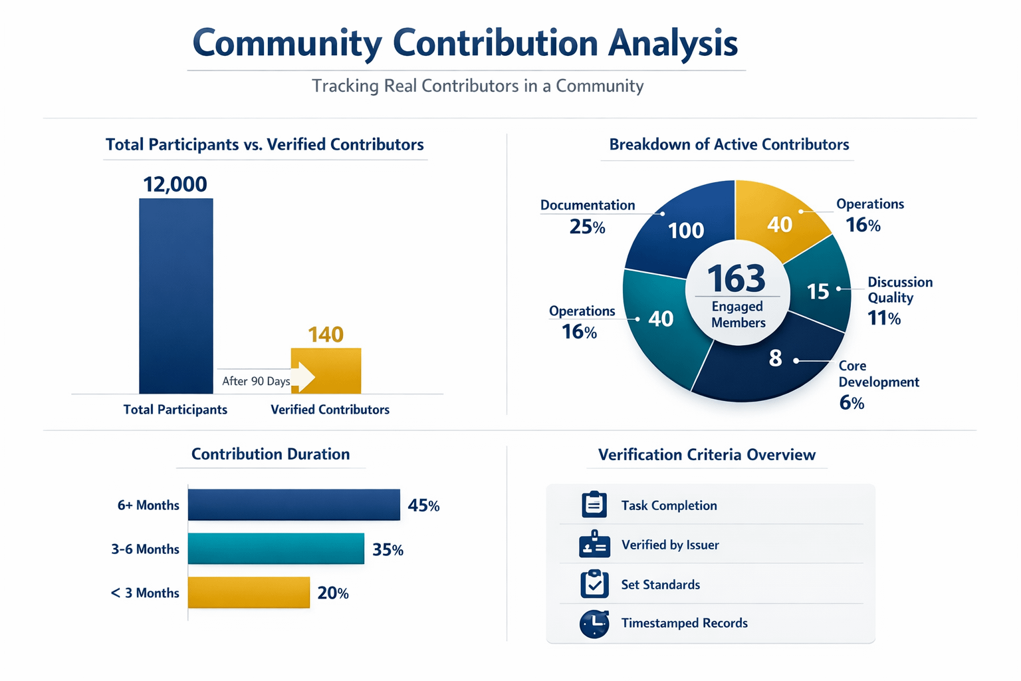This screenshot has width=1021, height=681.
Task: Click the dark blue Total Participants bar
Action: (x=176, y=296)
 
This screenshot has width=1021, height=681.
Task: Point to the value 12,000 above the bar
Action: (x=175, y=184)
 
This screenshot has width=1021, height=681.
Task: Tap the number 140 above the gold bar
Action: (x=326, y=334)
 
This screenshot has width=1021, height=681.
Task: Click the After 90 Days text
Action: (x=256, y=381)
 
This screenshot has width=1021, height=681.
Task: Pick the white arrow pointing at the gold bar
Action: (x=303, y=377)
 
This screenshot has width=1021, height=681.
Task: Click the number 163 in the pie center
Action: (x=736, y=278)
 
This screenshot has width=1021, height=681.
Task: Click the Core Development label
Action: (x=878, y=374)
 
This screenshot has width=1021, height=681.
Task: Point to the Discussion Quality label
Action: (x=899, y=290)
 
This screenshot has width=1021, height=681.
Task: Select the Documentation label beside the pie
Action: (x=588, y=205)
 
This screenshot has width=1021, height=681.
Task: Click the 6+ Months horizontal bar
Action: (x=294, y=505)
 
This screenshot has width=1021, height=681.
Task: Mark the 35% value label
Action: (x=388, y=550)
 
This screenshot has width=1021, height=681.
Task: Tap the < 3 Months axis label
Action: (x=145, y=593)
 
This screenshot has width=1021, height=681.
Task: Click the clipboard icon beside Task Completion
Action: (x=594, y=505)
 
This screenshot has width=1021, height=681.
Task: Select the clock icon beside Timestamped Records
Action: (x=594, y=624)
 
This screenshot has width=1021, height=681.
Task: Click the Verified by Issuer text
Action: (x=670, y=545)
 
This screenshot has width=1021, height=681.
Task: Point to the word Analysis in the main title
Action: (x=673, y=43)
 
